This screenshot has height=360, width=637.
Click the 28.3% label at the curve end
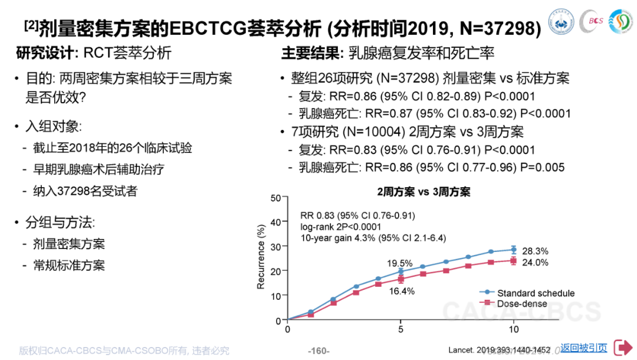536,250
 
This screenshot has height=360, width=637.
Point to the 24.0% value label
536,263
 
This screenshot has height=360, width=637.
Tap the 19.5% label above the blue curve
400,263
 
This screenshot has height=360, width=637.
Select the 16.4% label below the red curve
401,291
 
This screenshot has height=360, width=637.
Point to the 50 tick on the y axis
275,198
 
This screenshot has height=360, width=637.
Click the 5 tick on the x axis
400,329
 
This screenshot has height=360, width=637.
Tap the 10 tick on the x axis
514,329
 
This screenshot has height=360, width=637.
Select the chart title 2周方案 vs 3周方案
424,192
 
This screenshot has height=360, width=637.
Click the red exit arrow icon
622,348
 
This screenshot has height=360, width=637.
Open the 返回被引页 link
583,348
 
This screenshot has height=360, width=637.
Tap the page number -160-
318,351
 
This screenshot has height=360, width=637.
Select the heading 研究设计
46,53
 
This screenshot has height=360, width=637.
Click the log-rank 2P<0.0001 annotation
340,227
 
